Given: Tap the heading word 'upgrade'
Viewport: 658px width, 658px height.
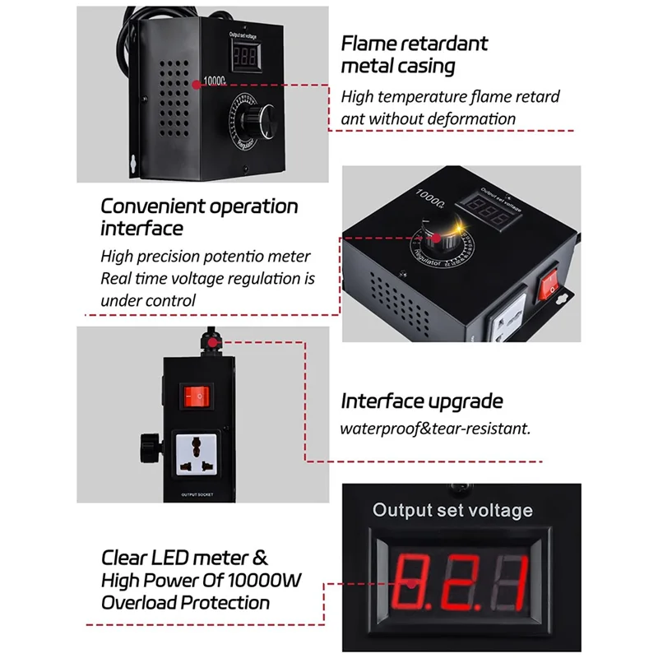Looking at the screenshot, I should [466, 401].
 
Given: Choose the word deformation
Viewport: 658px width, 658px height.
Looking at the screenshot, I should [475, 118].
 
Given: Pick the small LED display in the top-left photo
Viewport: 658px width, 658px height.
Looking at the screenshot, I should [248, 56].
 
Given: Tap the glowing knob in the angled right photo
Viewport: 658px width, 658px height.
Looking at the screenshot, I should [432, 239].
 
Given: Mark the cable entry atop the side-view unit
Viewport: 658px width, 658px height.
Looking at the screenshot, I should [210, 339].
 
